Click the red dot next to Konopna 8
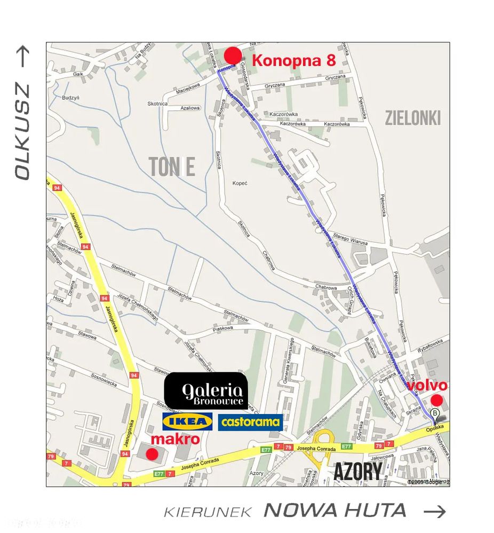(233, 56)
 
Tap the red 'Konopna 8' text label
(293, 60)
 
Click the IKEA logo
(187, 421)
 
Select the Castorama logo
(250, 422)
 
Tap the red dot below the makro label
(152, 454)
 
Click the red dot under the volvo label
(436, 400)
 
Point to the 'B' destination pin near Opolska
(435, 413)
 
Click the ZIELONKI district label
(413, 118)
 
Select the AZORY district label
(358, 472)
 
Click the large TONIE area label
(172, 167)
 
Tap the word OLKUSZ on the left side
(22, 131)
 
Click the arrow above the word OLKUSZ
(23, 57)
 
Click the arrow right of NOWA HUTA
(435, 511)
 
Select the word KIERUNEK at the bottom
(208, 512)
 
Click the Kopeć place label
(240, 183)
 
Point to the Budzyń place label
(70, 98)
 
